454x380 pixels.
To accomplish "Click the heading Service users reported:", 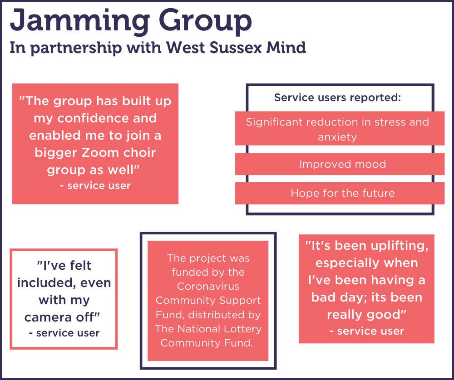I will pyautogui.click(x=337, y=97).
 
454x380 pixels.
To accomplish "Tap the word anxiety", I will pyautogui.click(x=337, y=136).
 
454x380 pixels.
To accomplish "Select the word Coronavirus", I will pyautogui.click(x=208, y=287).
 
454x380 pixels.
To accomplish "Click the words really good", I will pyautogui.click(x=366, y=314).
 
